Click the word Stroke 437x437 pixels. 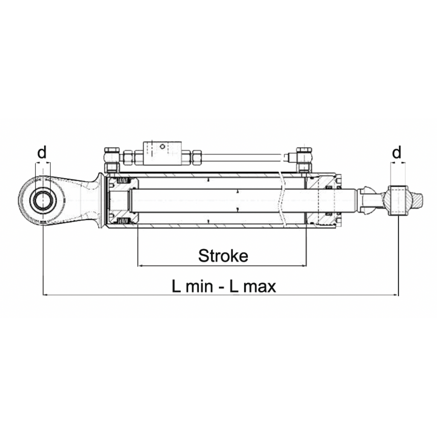tap(223, 256)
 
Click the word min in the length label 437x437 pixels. tap(198, 286)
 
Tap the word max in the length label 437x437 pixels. tap(257, 286)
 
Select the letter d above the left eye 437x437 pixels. tap(42, 152)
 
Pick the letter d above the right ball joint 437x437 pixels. tap(397, 152)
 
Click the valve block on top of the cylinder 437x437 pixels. tap(163, 153)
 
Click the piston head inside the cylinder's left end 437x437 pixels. tap(124, 201)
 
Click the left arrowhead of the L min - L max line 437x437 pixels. tap(45, 294)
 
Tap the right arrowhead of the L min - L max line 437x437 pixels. tap(396, 294)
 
